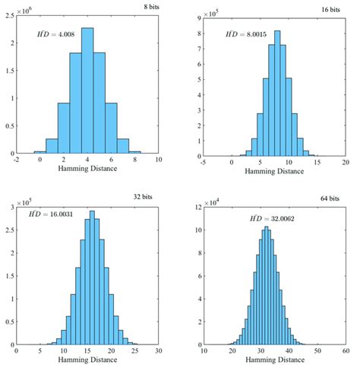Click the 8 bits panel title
(x=150, y=7)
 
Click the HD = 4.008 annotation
(x=57, y=33)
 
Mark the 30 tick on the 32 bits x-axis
(x=158, y=351)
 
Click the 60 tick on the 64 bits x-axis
(x=345, y=351)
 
